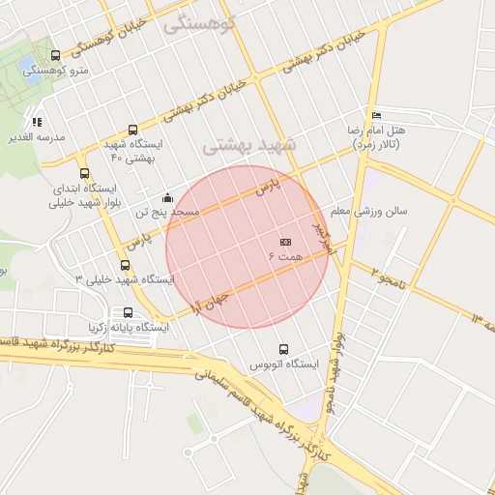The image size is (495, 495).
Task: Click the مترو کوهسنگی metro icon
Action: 54,56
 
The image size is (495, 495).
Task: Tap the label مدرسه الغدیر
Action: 37,137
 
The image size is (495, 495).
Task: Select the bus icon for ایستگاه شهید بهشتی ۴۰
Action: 132,130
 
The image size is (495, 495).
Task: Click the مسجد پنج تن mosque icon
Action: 168,197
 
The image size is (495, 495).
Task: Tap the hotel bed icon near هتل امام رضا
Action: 375,114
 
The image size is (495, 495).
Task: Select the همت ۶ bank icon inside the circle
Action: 285,242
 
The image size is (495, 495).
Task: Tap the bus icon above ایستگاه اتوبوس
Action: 283,349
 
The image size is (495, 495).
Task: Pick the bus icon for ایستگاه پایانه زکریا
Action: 128,313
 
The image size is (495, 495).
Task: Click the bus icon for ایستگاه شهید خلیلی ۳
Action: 125,265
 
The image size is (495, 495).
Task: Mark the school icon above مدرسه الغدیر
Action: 37,123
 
